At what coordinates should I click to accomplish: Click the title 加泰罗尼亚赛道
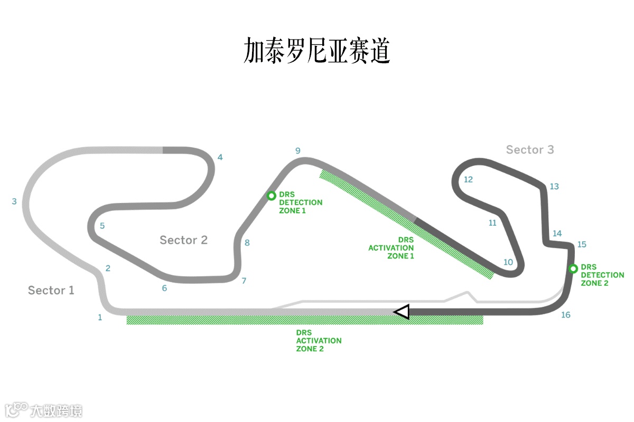point(317,51)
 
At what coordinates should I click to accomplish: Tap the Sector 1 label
point(51,290)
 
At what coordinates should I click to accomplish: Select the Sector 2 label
point(184,240)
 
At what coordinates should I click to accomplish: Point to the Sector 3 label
point(530,150)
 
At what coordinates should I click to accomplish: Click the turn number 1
point(100,317)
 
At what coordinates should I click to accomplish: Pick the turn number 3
point(14,202)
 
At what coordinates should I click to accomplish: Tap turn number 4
point(220,157)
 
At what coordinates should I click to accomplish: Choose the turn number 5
point(102,226)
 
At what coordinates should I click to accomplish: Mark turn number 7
point(244,281)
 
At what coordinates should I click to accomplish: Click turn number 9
point(298,151)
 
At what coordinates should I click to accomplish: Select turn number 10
point(508,262)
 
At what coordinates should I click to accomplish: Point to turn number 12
point(468,179)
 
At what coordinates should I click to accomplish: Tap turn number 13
point(554,186)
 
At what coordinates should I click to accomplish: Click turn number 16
point(566,315)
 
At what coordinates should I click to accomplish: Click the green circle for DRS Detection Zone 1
point(271,196)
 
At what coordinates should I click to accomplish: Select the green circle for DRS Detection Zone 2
point(573,269)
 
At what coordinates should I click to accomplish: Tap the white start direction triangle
point(402,312)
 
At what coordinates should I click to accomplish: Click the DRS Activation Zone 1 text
point(391,248)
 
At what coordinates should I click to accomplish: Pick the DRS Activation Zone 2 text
point(319,341)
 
